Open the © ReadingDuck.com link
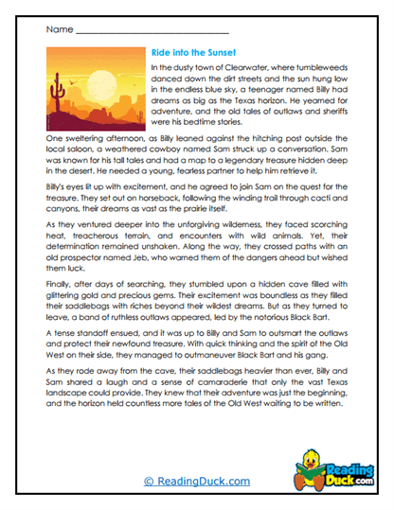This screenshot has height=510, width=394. click(196, 482)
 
